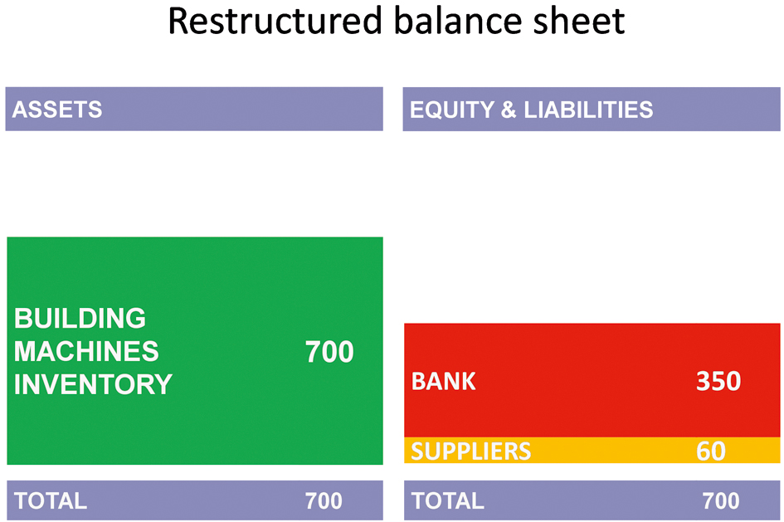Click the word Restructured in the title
point(275,21)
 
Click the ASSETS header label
point(57,110)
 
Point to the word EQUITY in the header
point(452,110)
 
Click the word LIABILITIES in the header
point(588,110)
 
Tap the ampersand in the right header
point(509,110)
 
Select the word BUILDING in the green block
point(80,318)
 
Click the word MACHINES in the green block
point(86,351)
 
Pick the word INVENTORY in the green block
point(93,384)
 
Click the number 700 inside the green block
point(329,352)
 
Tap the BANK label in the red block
point(444,382)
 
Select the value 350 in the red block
point(718,381)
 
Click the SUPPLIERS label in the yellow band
point(471,451)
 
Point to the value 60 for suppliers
point(710,451)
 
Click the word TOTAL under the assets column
point(51,501)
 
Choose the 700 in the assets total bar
point(324,501)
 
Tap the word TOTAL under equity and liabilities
point(447,501)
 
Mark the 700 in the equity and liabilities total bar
point(720,501)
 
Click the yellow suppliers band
point(592,450)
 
